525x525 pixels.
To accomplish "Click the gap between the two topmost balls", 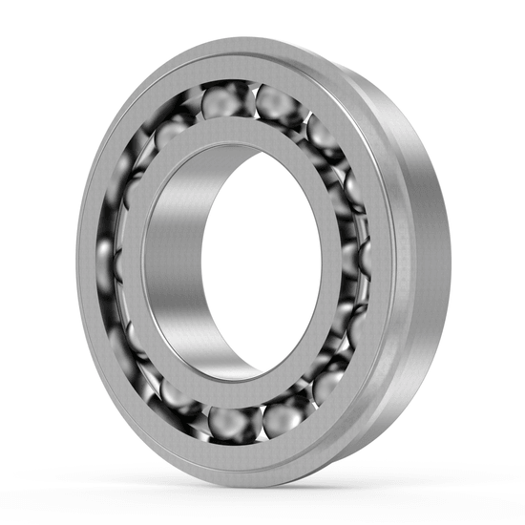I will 249,95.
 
